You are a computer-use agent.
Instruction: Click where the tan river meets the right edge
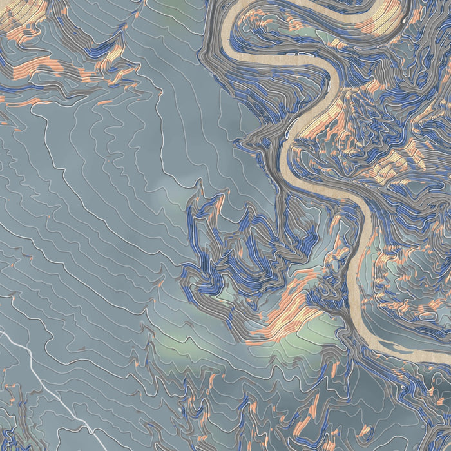[x=447, y=358]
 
